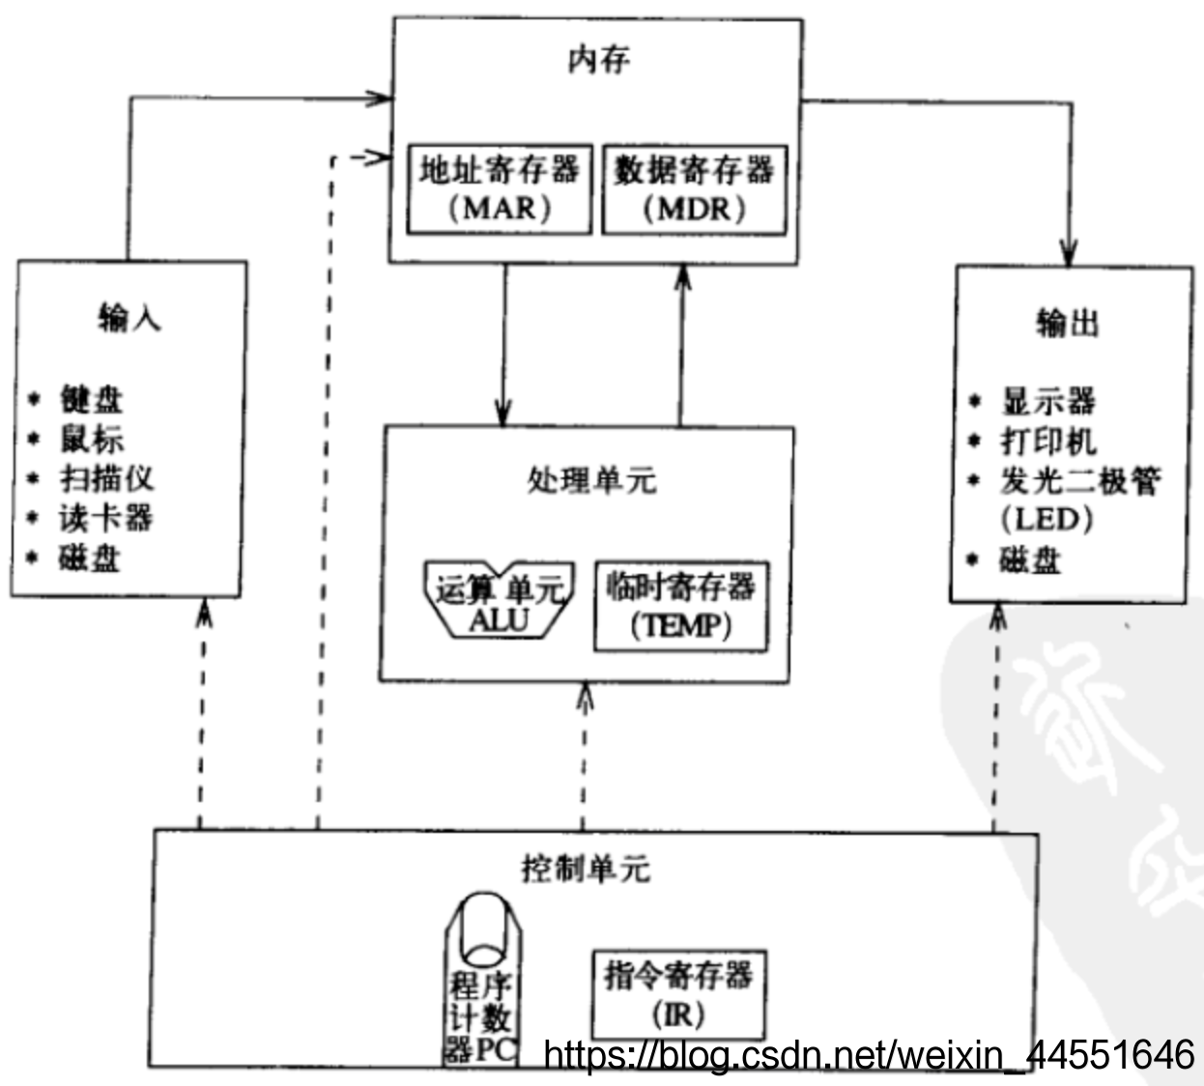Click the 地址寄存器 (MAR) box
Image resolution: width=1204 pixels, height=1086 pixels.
pos(500,189)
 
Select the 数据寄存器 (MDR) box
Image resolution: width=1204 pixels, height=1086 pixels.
pos(694,189)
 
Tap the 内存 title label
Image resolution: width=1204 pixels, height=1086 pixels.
pos(598,60)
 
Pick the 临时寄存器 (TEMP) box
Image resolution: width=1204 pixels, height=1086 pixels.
pos(681,606)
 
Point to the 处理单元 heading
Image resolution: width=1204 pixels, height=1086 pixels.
pos(591,479)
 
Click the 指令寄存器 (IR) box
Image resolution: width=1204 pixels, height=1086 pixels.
pos(678,993)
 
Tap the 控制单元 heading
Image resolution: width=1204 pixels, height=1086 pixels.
pos(586,868)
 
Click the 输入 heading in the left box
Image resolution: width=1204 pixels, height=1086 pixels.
pos(129,317)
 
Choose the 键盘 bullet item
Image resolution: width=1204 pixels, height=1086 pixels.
pos(92,399)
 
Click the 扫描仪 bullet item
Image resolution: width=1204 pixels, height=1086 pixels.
pos(106,478)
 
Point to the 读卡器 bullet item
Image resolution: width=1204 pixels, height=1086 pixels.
pos(105,519)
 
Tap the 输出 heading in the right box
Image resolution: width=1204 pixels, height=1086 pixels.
pos(1068,323)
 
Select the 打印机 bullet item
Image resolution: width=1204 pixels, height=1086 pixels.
pos(1048,442)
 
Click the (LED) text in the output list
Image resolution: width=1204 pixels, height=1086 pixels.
pos(1046,520)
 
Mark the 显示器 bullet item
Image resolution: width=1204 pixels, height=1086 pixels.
pos(1048,401)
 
